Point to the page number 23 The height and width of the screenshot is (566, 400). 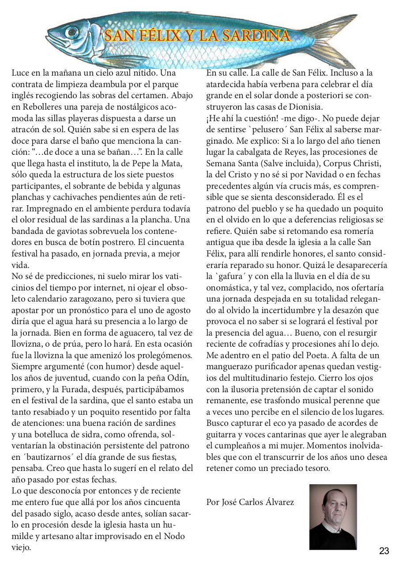384,551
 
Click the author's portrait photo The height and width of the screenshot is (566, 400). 333,517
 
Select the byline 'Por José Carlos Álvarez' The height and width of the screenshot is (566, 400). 250,502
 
